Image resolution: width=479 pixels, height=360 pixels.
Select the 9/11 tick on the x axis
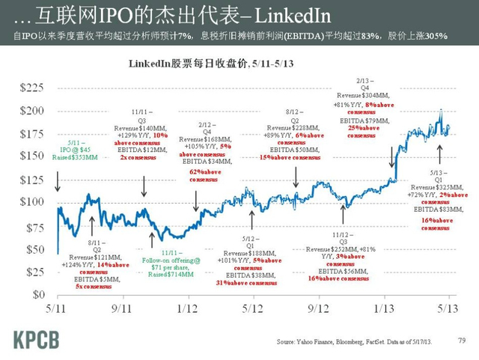(x=123, y=308)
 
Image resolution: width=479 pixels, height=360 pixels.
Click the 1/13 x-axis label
(x=384, y=308)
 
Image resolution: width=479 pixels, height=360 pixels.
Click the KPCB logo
(x=38, y=339)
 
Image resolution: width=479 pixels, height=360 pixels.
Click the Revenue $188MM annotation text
(x=248, y=254)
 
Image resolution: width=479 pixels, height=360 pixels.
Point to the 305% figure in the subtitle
(x=454, y=36)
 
